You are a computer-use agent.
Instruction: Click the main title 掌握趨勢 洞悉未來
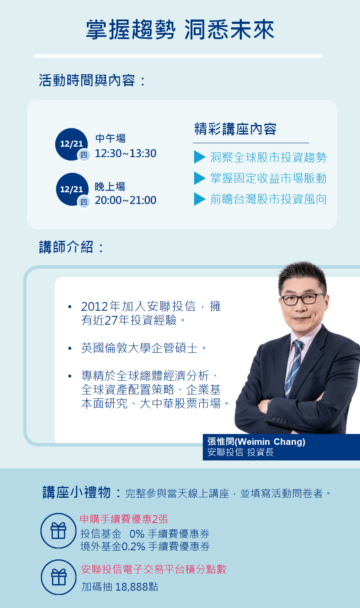(x=180, y=30)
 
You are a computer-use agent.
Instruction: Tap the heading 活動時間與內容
(x=87, y=80)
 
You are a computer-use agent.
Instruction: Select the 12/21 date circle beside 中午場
(x=72, y=144)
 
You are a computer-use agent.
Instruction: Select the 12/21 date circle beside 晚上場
(x=72, y=189)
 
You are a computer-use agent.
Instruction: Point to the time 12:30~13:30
(x=126, y=153)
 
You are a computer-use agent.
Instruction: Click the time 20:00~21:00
(x=126, y=200)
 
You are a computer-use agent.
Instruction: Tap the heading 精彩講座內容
(x=235, y=129)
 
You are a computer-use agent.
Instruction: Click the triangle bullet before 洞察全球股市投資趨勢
(x=199, y=157)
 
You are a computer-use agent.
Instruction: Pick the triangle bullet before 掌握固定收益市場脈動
(x=199, y=178)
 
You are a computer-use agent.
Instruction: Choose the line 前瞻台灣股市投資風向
(x=268, y=199)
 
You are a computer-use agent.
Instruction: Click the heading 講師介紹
(x=66, y=247)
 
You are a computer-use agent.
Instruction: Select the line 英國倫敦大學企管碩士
(x=139, y=348)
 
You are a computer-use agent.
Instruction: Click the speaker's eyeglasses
(x=303, y=299)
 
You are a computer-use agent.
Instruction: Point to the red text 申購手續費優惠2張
(x=124, y=519)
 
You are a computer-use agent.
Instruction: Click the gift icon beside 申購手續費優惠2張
(x=59, y=530)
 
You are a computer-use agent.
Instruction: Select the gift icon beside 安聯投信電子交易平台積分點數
(x=59, y=577)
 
